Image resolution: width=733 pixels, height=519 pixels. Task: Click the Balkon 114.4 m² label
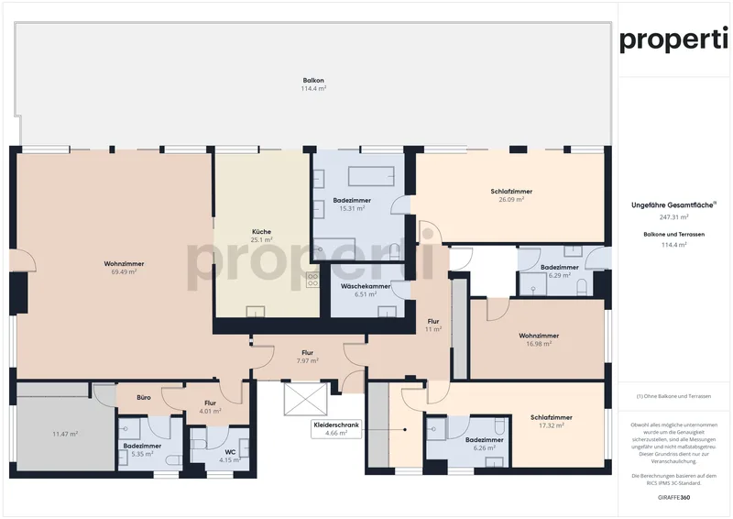tap(313, 83)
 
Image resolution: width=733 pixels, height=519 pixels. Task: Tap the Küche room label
tap(261, 231)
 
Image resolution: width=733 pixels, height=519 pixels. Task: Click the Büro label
tap(144, 398)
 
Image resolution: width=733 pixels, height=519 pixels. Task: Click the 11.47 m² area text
tap(65, 433)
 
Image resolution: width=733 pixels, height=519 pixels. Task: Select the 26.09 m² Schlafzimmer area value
tap(510, 200)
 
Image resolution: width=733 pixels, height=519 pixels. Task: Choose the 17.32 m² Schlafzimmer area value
tap(551, 425)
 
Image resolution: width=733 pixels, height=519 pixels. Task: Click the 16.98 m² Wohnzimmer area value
tap(538, 344)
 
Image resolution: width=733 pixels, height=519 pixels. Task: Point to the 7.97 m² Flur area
tap(307, 361)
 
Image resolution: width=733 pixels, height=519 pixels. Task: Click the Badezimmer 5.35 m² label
tap(142, 449)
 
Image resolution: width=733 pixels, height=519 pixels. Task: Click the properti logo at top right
tap(674, 40)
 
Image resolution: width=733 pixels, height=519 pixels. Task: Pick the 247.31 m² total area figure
tap(673, 218)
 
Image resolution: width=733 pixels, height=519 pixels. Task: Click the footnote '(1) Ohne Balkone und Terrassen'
tap(673, 396)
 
